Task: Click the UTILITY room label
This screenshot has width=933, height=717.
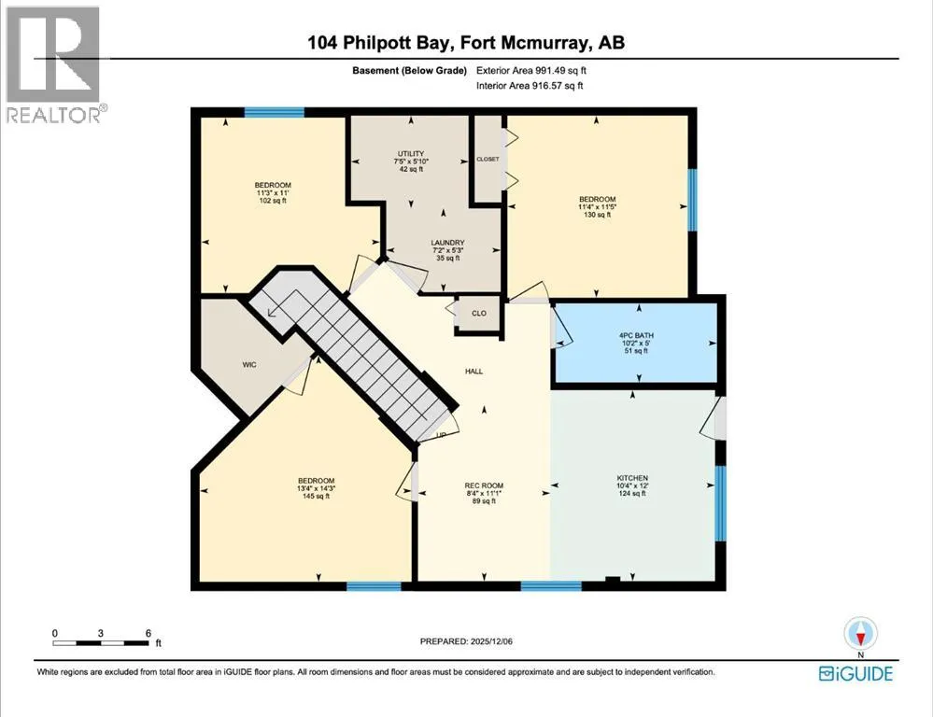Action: [411, 153]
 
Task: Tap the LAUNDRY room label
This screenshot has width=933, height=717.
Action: [447, 243]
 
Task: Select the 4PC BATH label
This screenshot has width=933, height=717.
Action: [636, 335]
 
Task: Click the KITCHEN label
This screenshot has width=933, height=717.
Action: [632, 478]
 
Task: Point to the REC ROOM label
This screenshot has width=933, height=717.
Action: [484, 485]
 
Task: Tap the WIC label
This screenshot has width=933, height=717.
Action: [249, 365]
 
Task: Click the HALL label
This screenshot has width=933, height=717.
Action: [474, 372]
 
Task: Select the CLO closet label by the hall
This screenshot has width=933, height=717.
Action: [479, 313]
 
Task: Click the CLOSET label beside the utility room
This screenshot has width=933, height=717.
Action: [488, 159]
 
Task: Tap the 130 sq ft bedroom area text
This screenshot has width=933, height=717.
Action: [597, 215]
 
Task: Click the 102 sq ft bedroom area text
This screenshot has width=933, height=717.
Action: [273, 201]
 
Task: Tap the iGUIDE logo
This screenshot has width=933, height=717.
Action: [855, 673]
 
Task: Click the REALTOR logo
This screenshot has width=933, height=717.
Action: [53, 64]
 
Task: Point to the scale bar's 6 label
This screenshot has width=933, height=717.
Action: [148, 633]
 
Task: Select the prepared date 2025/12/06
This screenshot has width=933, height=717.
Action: [491, 641]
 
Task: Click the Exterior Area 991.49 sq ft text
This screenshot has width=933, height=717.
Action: [530, 70]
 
